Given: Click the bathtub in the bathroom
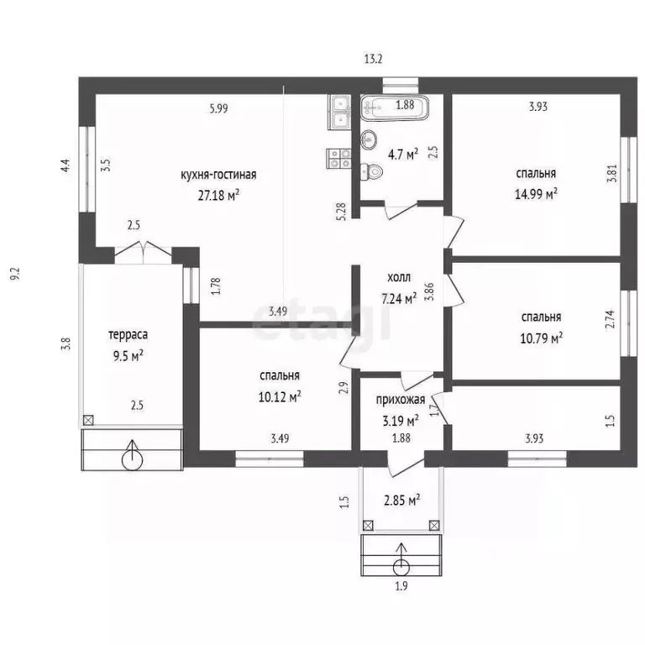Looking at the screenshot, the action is (x=394, y=107).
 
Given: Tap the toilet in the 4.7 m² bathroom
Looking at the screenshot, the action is (x=370, y=171).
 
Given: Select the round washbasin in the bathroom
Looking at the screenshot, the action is (x=369, y=140).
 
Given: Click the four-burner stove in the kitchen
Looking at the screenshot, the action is (x=338, y=159).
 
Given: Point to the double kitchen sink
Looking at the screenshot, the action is (x=339, y=113).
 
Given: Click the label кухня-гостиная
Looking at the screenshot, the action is (x=218, y=175).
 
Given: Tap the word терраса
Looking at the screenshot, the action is (x=128, y=335).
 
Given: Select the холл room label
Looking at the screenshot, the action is (x=399, y=278).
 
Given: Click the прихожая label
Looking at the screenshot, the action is (x=401, y=400).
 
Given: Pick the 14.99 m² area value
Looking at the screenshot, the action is (x=536, y=193).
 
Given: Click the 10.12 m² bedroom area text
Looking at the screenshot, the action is (x=280, y=397).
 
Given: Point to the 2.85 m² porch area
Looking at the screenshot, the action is (x=401, y=501).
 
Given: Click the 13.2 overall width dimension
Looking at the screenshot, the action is (x=373, y=60).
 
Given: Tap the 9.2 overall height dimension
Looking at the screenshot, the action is (x=15, y=274).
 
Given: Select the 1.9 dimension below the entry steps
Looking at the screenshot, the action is (x=401, y=585).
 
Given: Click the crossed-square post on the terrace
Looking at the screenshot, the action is (x=88, y=421).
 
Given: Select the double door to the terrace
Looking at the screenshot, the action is (x=143, y=252).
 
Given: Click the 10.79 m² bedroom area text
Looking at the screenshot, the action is (x=542, y=338).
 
